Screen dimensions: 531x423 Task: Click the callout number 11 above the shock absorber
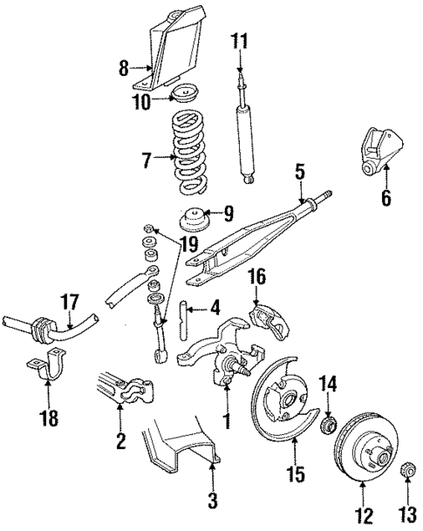[240, 40]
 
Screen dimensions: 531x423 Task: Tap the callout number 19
[182, 245]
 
